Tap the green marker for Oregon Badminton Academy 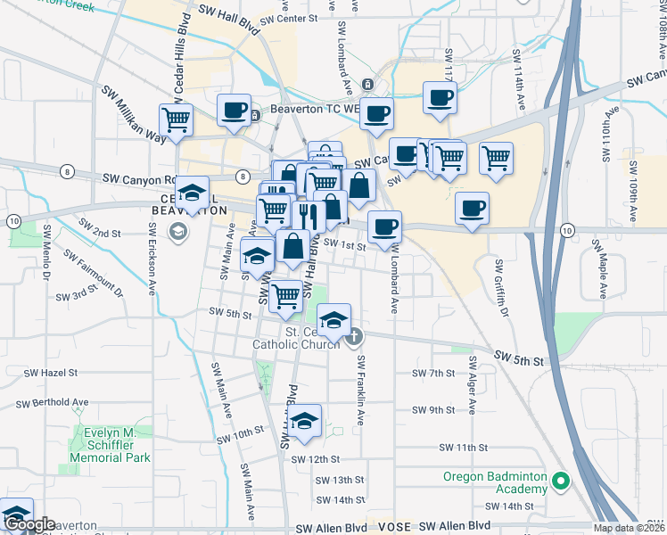click(x=560, y=482)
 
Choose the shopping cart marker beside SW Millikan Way click(x=177, y=119)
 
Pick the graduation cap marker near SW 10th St click(x=305, y=421)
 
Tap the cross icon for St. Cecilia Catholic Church click(x=355, y=336)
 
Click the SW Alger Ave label click(x=472, y=385)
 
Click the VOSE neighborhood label click(x=393, y=527)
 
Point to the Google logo click(x=29, y=525)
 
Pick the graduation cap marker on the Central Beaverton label click(x=193, y=192)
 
